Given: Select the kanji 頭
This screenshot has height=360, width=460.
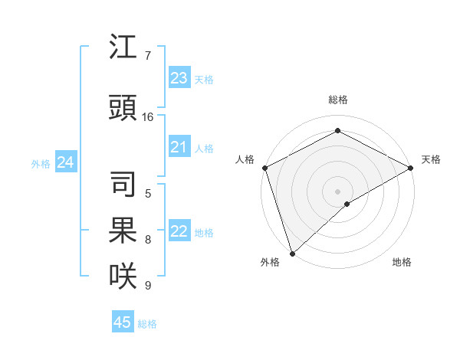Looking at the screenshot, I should pyautogui.click(x=123, y=109).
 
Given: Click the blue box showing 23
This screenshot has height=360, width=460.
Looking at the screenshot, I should pyautogui.click(x=179, y=78).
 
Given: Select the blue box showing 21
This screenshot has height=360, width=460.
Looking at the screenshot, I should pyautogui.click(x=179, y=147).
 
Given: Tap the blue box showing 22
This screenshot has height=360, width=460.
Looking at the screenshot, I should pyautogui.click(x=179, y=231).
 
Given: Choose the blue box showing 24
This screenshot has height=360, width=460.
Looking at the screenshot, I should pyautogui.click(x=66, y=162).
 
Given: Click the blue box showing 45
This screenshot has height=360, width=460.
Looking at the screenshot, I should pyautogui.click(x=123, y=322).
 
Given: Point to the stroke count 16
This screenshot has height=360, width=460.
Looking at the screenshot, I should pyautogui.click(x=148, y=117).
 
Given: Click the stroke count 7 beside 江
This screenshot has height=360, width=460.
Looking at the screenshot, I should pyautogui.click(x=147, y=56).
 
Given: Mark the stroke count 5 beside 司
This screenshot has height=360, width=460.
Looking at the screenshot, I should pyautogui.click(x=147, y=193).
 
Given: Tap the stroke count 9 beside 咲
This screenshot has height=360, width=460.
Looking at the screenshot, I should pyautogui.click(x=147, y=286).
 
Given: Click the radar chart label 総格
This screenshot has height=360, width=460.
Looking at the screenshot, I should pyautogui.click(x=338, y=100).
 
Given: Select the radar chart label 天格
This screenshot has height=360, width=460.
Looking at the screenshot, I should pyautogui.click(x=431, y=159).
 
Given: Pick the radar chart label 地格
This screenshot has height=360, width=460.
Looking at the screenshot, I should pyautogui.click(x=402, y=262).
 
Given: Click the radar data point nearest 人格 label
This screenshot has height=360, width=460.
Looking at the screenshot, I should pyautogui.click(x=264, y=168).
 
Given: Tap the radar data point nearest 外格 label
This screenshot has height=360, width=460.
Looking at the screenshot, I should pyautogui.click(x=292, y=254).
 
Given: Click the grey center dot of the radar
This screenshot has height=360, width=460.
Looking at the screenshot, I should pyautogui.click(x=338, y=191).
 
